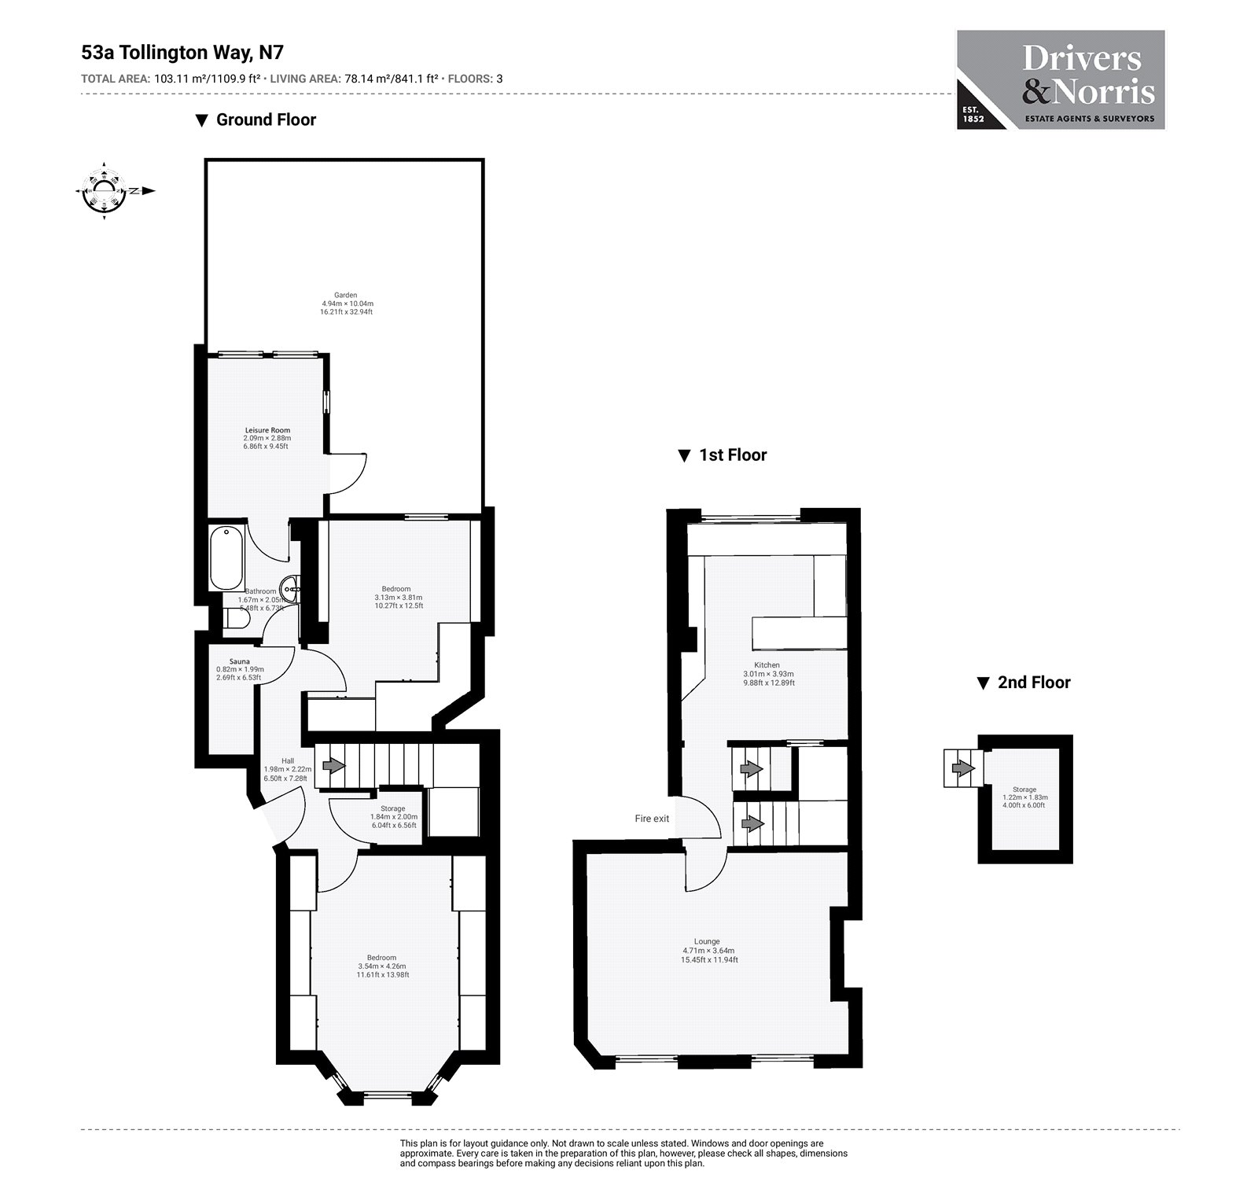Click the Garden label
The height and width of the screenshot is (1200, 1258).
click(346, 296)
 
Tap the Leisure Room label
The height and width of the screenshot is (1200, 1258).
click(267, 430)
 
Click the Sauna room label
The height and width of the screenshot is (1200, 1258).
click(239, 661)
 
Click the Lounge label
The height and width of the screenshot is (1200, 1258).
click(707, 941)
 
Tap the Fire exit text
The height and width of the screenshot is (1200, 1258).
click(652, 819)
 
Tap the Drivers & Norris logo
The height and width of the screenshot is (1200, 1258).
click(1060, 80)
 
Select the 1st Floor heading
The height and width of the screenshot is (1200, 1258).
click(732, 455)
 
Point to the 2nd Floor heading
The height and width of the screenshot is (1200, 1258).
click(1033, 683)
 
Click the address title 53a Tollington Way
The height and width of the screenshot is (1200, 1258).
click(182, 53)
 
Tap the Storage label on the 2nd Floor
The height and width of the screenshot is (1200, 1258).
click(1024, 790)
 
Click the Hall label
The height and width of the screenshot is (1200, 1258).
click(288, 760)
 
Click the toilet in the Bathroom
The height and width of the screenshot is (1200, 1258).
click(235, 621)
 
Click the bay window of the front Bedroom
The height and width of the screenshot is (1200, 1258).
click(385, 1093)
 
